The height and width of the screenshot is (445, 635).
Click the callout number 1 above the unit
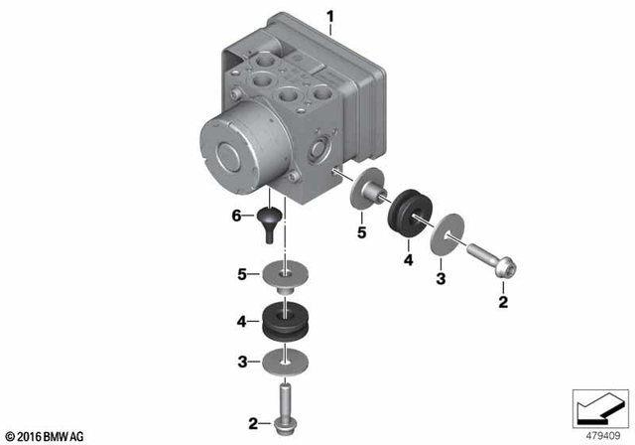(331, 15)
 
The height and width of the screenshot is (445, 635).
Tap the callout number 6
(237, 215)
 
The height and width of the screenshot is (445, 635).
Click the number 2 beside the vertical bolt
(253, 424)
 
